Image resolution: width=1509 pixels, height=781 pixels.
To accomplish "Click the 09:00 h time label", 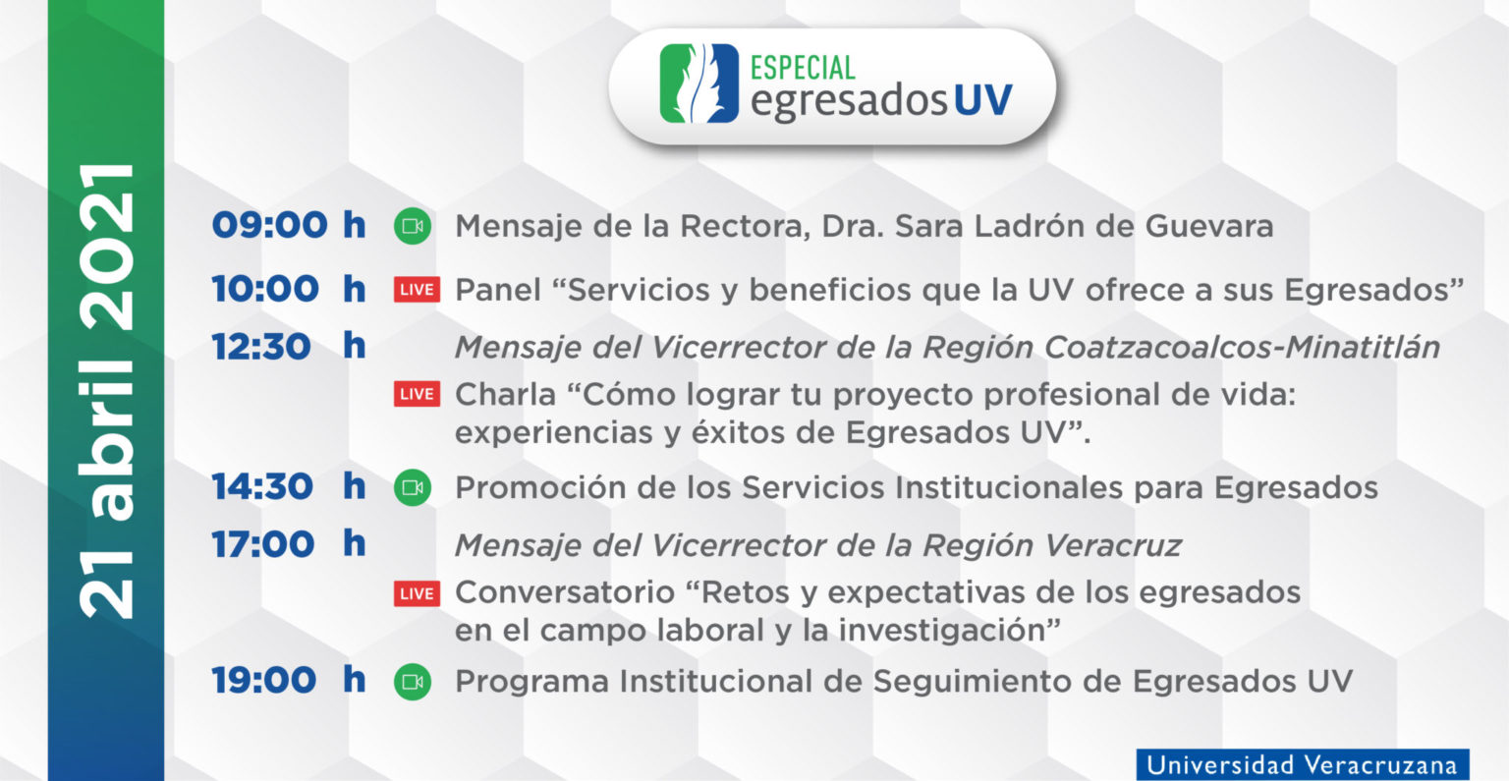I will (288, 226).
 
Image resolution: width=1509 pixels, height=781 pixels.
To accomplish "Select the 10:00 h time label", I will (288, 289).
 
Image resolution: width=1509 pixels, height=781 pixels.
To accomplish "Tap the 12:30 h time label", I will (288, 347).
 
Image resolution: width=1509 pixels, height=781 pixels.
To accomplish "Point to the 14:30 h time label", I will (288, 487).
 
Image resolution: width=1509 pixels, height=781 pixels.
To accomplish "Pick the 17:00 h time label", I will (288, 544).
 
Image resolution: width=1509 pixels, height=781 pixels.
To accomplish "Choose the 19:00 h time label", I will (288, 681).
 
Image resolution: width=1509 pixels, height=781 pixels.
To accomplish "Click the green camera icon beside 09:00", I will (413, 227).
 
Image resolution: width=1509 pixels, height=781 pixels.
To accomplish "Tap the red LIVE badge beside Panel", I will (417, 290).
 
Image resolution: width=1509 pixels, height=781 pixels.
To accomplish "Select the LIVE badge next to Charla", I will (417, 394).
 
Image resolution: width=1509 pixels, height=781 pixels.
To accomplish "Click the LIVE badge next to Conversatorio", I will (417, 593).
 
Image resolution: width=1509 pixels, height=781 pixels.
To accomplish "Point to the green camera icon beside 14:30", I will (413, 488).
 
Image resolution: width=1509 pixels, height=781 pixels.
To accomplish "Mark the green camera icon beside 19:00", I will (413, 682).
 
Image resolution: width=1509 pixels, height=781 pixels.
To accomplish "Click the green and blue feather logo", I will (699, 84).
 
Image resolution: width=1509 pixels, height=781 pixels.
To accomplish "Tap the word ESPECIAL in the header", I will (803, 68).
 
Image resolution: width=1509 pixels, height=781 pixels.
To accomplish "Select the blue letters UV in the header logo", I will (982, 100).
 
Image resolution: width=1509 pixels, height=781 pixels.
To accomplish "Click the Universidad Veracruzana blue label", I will (1302, 764).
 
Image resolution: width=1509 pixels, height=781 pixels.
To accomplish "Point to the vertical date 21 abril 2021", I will (107, 390).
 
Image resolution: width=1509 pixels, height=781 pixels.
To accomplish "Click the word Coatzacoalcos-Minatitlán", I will (1242, 348).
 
